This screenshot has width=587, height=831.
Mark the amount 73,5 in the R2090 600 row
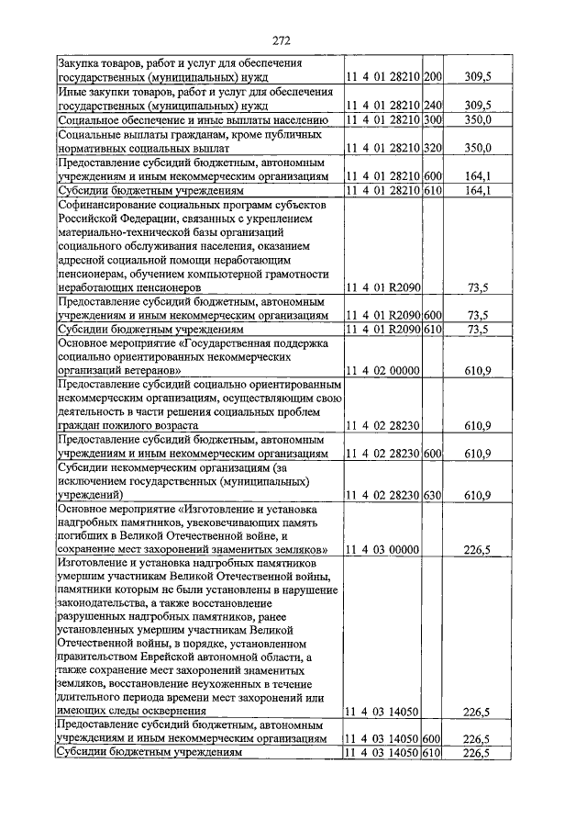477,314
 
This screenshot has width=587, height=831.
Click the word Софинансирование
103,207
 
